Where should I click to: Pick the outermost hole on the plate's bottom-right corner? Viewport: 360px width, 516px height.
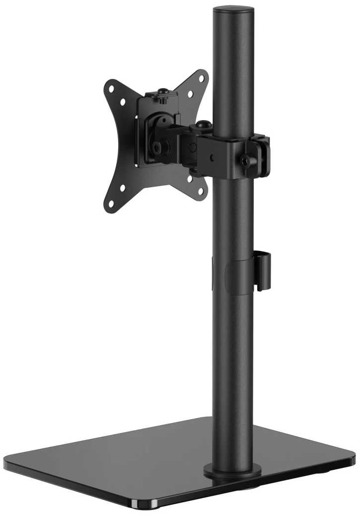tap(201, 191)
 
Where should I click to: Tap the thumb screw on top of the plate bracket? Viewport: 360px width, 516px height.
tap(162, 93)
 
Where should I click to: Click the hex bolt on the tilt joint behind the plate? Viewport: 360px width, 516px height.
tap(158, 147)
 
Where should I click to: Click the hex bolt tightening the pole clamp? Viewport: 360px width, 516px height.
tap(245, 160)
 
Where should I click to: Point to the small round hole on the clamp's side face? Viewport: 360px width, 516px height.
tap(212, 158)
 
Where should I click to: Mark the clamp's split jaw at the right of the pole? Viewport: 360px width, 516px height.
tap(263, 154)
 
